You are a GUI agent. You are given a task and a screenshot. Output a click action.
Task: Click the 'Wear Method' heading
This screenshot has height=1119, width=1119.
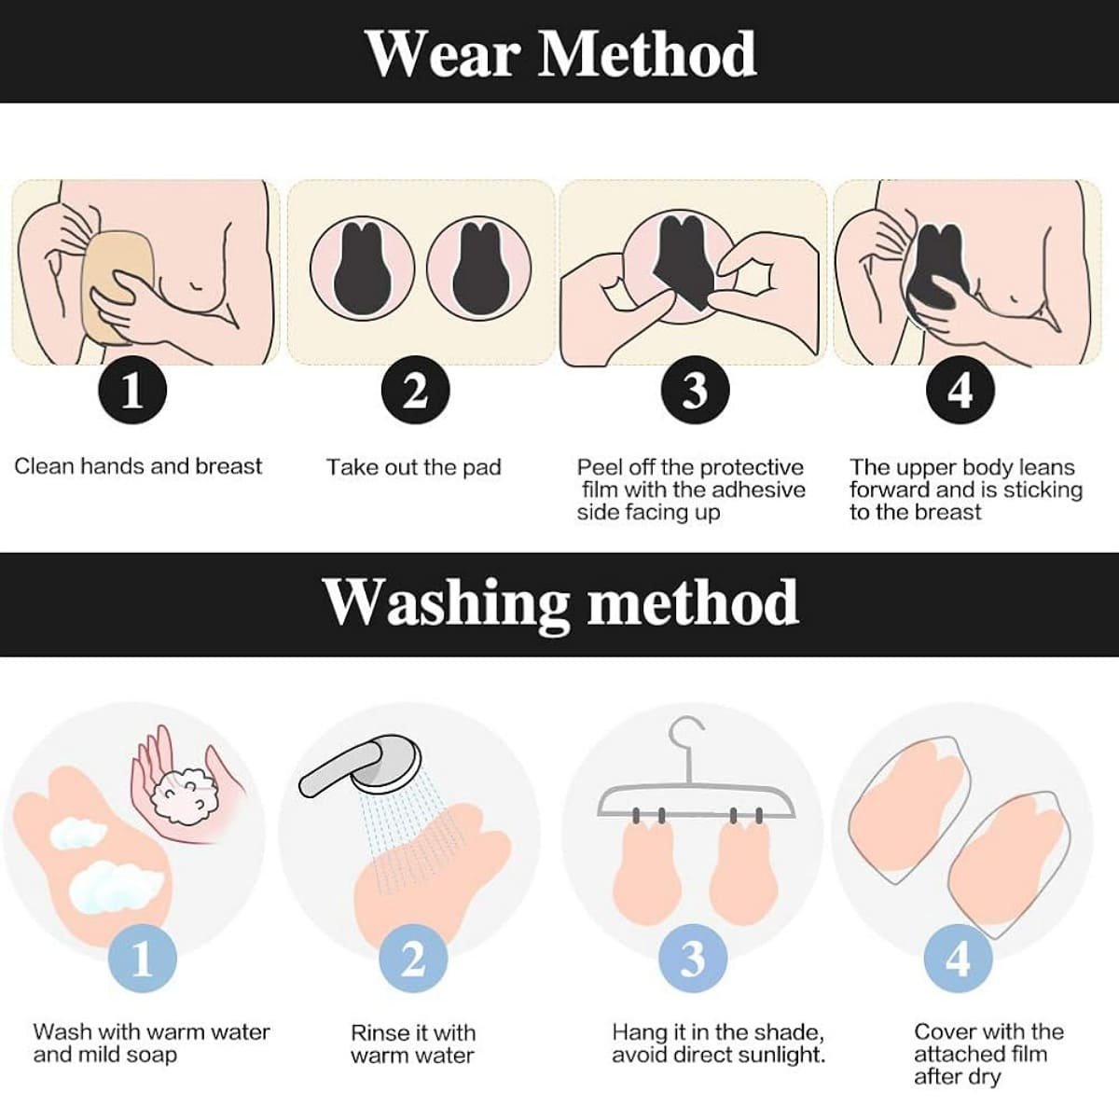point(561,53)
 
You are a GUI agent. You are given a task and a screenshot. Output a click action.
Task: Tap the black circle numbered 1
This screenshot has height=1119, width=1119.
point(132,390)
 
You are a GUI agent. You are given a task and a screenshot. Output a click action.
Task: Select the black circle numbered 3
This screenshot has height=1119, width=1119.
point(695,390)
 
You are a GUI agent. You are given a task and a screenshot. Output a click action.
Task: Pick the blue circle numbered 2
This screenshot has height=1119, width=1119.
point(413,960)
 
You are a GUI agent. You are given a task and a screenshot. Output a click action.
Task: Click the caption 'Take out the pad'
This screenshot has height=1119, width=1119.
point(413,467)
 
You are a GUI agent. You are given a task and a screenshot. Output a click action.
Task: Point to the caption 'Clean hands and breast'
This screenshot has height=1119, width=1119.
point(138,466)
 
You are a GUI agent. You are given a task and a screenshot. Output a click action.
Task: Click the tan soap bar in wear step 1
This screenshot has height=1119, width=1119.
point(117,287)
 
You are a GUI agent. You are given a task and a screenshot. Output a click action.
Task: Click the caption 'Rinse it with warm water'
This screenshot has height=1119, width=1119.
point(413,1044)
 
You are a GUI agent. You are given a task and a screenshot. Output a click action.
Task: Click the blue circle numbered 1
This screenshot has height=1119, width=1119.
point(143,960)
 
